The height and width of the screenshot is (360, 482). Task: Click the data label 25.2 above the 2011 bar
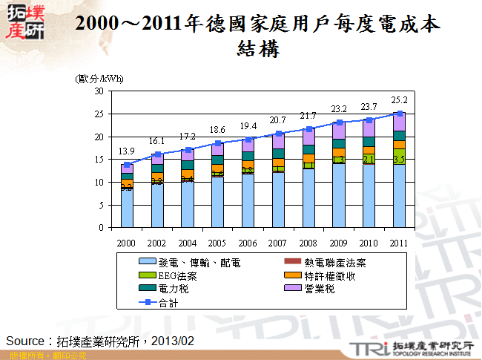[399, 99]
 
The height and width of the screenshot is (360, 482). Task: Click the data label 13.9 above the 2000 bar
[127, 151]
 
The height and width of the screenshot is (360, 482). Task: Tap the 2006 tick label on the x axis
[248, 243]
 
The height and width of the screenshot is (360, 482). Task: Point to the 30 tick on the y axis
[99, 91]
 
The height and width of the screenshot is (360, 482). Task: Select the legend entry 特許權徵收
[329, 275]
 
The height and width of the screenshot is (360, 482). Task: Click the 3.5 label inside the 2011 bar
[399, 160]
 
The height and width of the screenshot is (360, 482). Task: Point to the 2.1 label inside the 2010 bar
[369, 160]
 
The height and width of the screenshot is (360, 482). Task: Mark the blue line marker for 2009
[339, 122]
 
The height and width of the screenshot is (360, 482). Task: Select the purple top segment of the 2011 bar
[399, 122]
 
